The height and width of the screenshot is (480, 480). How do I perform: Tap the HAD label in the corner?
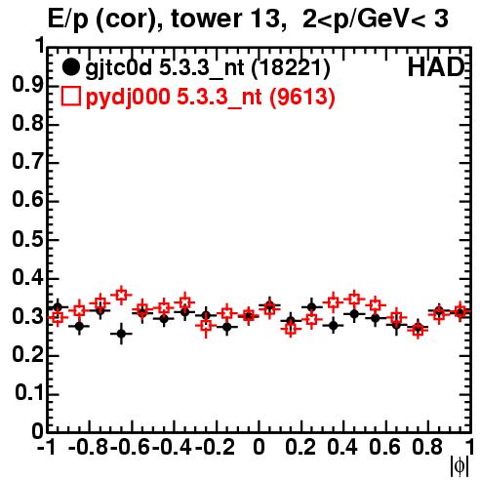click(x=435, y=67)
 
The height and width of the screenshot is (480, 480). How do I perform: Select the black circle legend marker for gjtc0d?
click(x=70, y=67)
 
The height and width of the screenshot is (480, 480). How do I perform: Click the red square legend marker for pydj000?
click(x=70, y=96)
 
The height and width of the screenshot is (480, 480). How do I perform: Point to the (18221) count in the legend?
click(x=291, y=67)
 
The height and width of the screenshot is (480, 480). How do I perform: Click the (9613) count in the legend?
click(x=302, y=97)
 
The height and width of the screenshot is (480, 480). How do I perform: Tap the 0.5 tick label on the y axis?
click(x=27, y=239)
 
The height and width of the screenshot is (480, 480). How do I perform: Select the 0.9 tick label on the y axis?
click(x=27, y=85)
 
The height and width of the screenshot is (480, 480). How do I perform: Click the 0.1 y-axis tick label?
click(x=29, y=393)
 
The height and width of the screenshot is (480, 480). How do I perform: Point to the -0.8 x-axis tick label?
click(x=89, y=447)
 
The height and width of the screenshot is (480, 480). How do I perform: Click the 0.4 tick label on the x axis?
click(x=342, y=447)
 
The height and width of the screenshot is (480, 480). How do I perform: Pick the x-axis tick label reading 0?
click(x=259, y=447)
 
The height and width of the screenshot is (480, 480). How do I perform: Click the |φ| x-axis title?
click(x=460, y=467)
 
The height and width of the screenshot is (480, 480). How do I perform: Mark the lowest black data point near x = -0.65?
click(x=121, y=334)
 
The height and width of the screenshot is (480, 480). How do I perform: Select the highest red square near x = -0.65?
click(x=121, y=295)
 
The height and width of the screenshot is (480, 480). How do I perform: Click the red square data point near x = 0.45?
click(x=354, y=299)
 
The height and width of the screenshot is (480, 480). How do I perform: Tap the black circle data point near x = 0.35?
click(x=333, y=325)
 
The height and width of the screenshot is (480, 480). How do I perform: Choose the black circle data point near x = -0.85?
click(x=79, y=326)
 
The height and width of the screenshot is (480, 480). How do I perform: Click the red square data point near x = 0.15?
click(x=291, y=329)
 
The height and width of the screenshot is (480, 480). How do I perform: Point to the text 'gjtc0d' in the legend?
click(x=119, y=68)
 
